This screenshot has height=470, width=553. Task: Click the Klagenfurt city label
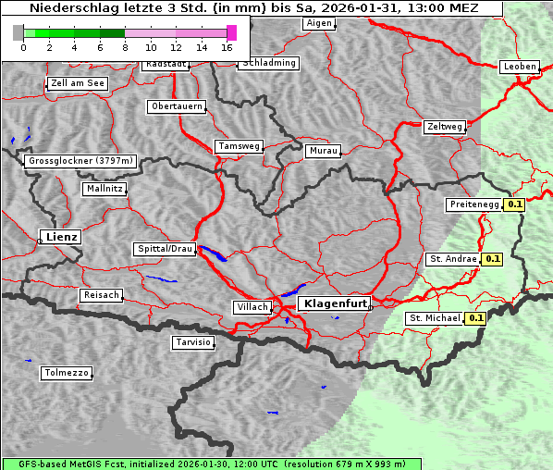pos(336,303)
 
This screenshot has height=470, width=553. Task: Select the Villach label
pos(252,307)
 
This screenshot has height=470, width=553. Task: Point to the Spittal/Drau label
pos(166,249)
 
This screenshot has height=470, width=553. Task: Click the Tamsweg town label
pos(240,146)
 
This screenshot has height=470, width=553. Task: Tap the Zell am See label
pos(78,83)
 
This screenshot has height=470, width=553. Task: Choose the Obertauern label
pos(177,106)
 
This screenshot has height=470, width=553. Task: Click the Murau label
pos(324,150)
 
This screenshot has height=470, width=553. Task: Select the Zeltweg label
pos(445,126)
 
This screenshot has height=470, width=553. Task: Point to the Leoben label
pos(519,67)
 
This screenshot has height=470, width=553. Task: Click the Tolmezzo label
pos(67,373)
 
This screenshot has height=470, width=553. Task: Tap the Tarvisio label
pos(193,342)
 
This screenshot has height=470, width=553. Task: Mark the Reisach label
pos(101,295)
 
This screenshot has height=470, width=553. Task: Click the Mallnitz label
pos(104,188)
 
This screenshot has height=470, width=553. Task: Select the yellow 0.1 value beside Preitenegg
pos(515,204)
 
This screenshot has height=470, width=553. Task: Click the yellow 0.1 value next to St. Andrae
pos(492,259)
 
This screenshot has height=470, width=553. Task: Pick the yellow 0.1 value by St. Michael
pos(476,318)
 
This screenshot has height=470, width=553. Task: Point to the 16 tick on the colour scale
pos(227,46)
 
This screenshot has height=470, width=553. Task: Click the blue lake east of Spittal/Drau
pos(214,254)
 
